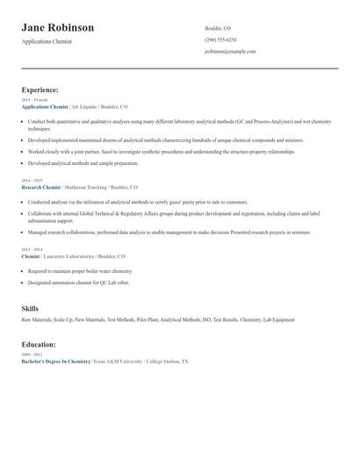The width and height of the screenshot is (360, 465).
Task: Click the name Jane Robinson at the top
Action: click(58, 28)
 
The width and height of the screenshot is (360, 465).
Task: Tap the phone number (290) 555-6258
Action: click(220, 39)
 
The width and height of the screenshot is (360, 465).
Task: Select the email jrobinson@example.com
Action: click(230, 51)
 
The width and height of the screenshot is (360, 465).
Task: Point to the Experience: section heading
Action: click(40, 89)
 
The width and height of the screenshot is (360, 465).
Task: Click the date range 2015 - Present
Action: click(34, 100)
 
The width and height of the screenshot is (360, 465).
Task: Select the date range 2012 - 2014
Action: click(32, 250)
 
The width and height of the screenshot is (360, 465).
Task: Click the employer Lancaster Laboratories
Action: click(73, 256)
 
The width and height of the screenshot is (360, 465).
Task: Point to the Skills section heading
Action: click(30, 309)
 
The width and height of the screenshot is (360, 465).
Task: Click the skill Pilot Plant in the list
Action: click(148, 320)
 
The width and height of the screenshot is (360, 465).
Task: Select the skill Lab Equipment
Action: click(277, 320)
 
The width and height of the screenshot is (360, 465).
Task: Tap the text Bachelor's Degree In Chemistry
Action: click(56, 361)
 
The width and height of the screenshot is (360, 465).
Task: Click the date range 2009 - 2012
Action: click(32, 354)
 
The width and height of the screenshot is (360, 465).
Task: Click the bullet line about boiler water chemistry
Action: click(80, 271)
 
